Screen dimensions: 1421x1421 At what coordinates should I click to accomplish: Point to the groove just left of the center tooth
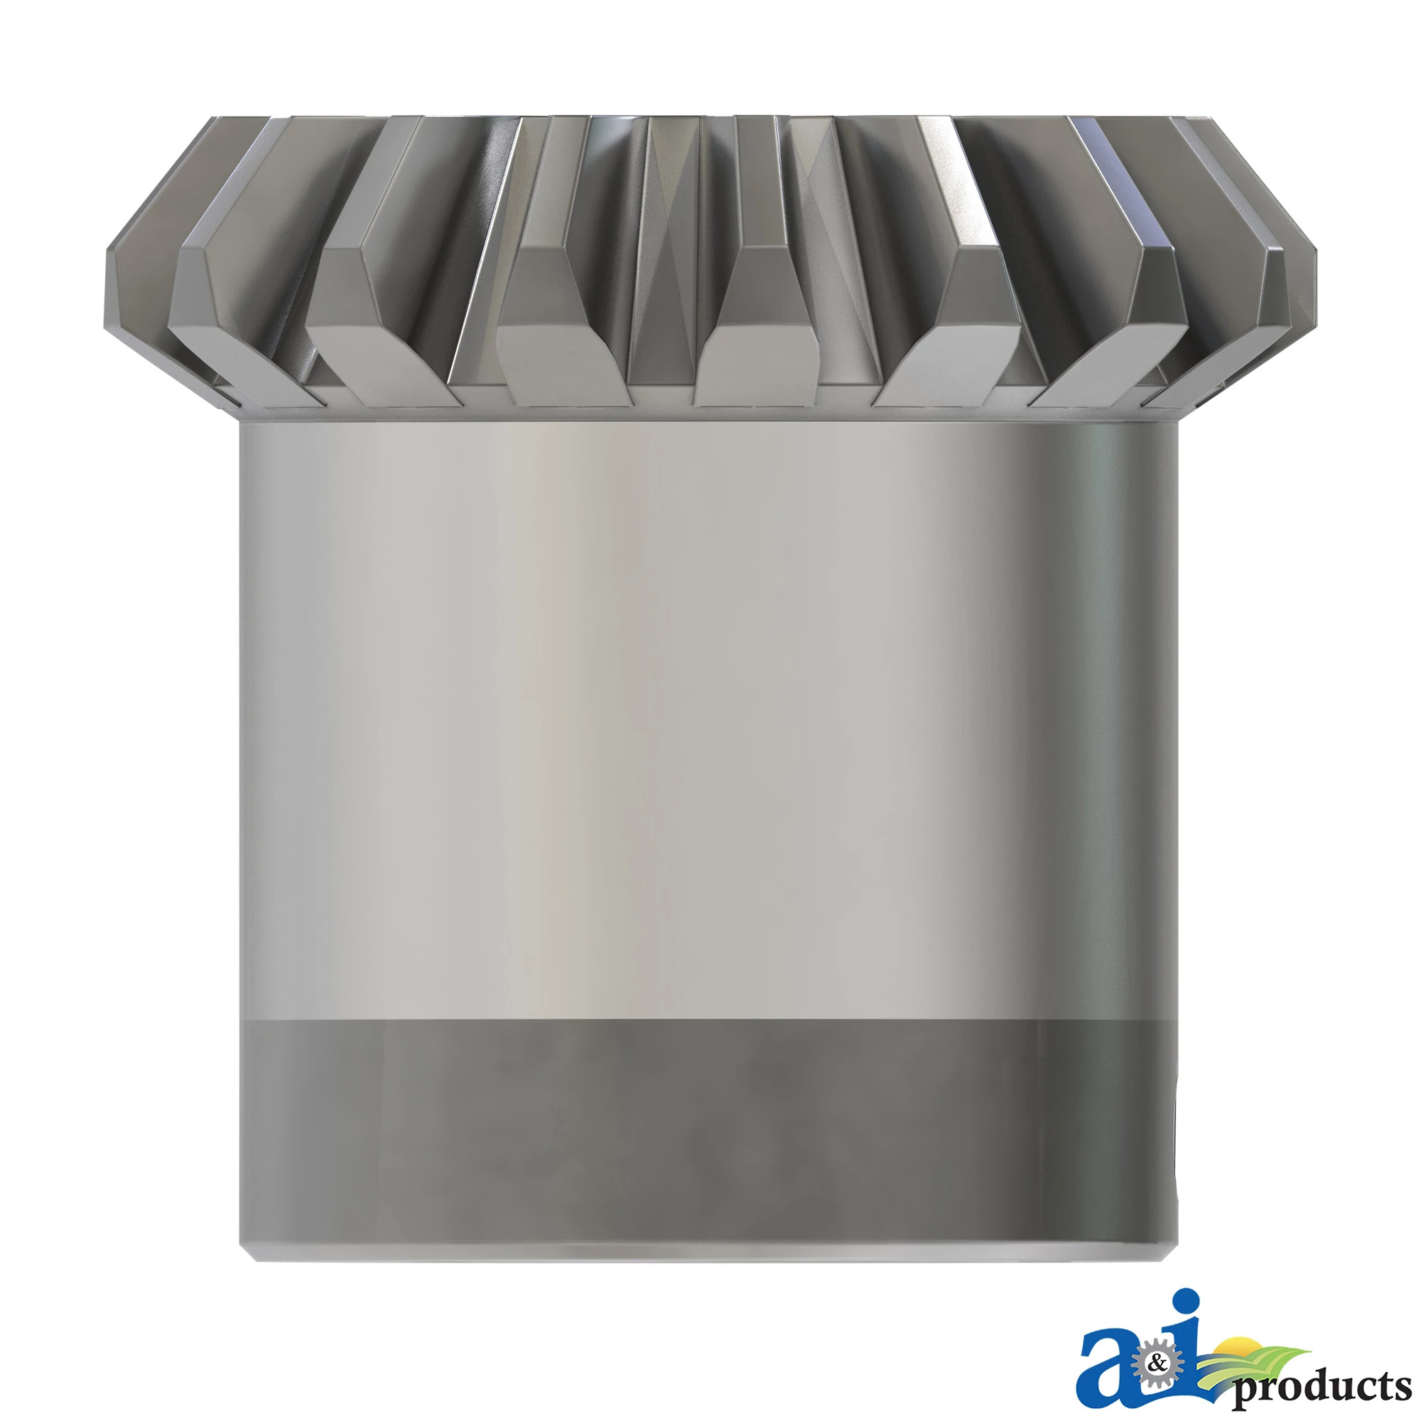(662, 294)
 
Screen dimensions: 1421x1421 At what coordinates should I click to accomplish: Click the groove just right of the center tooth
(845, 294)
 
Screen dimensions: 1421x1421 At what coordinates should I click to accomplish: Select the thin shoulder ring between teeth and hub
(706, 414)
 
